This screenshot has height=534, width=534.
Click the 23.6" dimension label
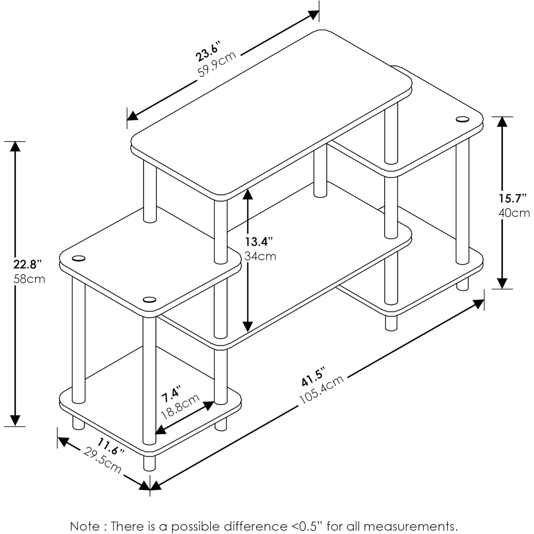[x=208, y=52]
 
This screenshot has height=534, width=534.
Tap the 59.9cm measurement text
[x=217, y=64]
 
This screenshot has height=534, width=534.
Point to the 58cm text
[x=29, y=279]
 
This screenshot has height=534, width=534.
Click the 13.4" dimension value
[x=258, y=242]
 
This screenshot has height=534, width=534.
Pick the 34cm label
[x=260, y=256]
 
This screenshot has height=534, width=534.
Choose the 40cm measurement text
[x=514, y=213]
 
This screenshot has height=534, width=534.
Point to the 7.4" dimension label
[x=171, y=394]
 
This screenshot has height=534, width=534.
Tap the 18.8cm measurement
[x=180, y=407]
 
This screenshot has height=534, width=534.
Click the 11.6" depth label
[x=111, y=447]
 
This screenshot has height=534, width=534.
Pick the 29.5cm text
[x=102, y=460]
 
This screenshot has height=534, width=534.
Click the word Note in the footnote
[x=85, y=526]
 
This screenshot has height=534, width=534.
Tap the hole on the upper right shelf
[x=462, y=119]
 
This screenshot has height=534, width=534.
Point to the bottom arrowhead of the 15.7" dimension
[x=502, y=283]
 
